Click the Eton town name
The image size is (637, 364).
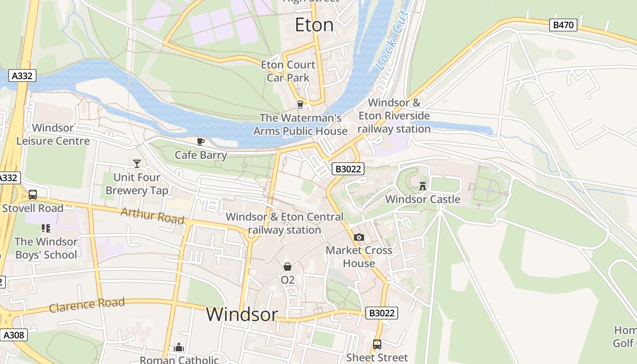click(314, 25)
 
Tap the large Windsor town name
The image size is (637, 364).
click(242, 314)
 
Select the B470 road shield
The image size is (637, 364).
click(563, 25)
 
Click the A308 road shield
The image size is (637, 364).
click(13, 335)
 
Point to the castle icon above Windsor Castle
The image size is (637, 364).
click(423, 186)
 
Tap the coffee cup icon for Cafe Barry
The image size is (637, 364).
click(201, 142)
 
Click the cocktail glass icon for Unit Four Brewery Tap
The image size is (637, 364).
click(136, 163)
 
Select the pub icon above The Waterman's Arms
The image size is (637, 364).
click(300, 105)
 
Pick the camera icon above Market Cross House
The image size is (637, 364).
click(359, 237)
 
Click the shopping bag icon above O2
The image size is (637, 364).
click(288, 266)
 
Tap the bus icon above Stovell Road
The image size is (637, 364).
click(33, 195)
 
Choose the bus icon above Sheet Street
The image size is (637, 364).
click(377, 344)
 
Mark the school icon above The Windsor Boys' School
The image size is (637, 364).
click(45, 228)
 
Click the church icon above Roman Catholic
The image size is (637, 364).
click(179, 348)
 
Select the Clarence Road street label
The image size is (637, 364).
click(86, 305)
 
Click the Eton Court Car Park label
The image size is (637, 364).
click(288, 71)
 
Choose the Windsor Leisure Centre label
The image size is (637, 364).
click(53, 134)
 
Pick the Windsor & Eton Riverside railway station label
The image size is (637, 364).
click(394, 116)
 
